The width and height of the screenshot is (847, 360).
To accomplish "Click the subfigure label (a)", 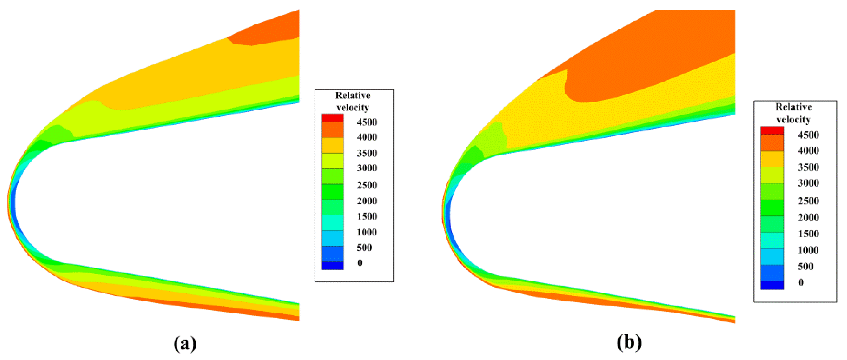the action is point(185,343).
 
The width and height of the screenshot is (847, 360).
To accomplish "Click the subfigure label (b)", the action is point(629,342).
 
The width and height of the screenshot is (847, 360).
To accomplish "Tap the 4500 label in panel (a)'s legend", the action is point(367,122).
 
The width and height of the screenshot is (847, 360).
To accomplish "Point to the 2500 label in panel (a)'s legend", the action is point(367,185).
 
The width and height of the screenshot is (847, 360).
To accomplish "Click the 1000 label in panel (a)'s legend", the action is point(367,232).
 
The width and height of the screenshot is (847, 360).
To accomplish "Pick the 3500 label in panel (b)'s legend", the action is point(808,167).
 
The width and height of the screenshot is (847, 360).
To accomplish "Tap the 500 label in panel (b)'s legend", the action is point(805,266).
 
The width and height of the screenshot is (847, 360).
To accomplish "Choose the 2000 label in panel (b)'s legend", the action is point(808,217).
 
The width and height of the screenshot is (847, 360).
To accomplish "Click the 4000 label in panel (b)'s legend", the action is point(808,151).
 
